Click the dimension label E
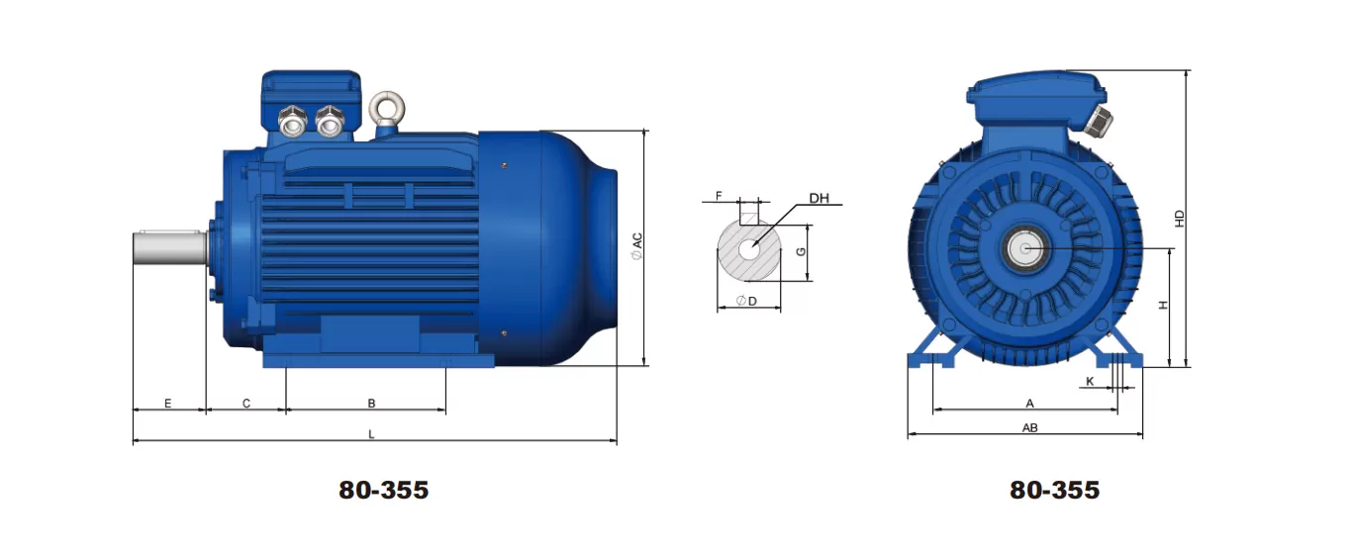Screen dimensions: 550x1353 pos(168,404)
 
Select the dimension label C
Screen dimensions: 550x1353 pos(245,404)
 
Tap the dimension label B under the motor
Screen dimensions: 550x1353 pos(371,404)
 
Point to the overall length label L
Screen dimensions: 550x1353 pos(371,434)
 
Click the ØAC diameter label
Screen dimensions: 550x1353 pos(637,246)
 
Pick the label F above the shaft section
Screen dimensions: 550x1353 pos(719,196)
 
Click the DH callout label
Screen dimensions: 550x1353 pos(819,198)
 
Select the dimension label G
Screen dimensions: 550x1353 pos(802,252)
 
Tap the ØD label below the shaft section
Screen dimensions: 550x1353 pos(747,301)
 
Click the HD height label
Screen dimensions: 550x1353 pos(1179,219)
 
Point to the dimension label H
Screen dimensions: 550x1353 pos(1164,306)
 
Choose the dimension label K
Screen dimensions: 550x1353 pos(1090,381)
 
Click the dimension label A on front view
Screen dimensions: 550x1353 pos(1029,404)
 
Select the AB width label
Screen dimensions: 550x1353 pos(1029,428)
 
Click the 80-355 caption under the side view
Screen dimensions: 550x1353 pos(384,490)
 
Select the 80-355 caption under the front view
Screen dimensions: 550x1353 pos(1054,490)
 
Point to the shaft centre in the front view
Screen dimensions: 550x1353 pos(1025,248)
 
